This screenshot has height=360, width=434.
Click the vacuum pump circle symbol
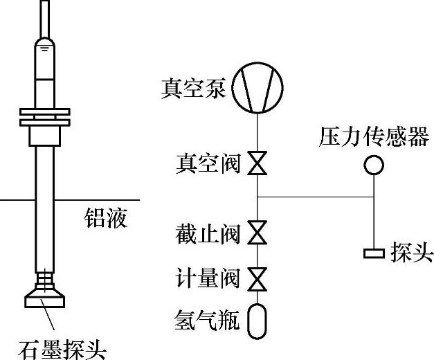(257, 89)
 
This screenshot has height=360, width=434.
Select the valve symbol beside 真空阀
(257, 165)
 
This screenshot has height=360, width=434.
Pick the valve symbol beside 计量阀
(257, 279)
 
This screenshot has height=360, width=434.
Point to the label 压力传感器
(373, 137)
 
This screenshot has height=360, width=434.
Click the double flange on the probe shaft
(45, 116)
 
